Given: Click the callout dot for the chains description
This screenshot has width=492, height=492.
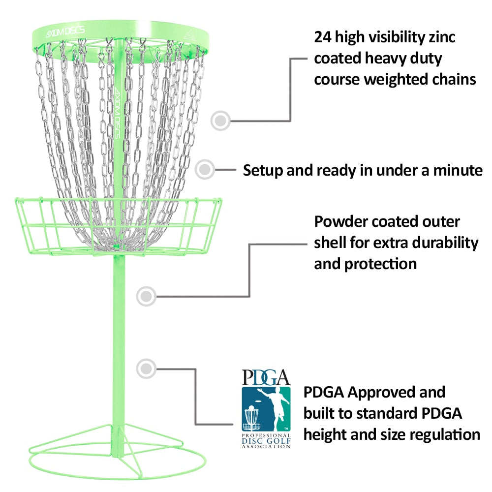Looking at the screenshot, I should (221, 120).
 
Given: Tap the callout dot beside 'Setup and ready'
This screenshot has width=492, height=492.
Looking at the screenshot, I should (205, 169).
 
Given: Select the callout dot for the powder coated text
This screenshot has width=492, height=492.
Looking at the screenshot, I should (146, 296).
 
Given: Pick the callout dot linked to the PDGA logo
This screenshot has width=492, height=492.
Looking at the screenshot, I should (146, 368).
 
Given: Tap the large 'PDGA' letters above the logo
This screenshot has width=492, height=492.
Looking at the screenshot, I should (266, 377).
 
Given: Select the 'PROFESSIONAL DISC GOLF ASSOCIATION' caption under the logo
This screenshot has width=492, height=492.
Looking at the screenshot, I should (266, 441).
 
